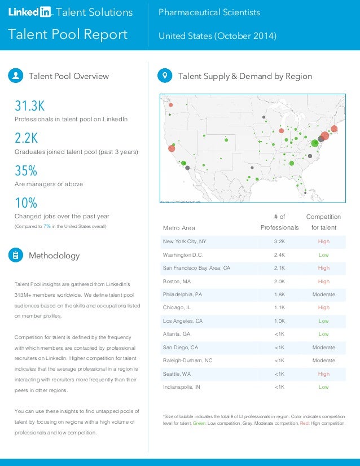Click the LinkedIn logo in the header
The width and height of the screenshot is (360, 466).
[29, 12]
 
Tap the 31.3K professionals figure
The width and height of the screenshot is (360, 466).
[29, 106]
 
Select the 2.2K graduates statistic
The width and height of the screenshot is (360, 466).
[26, 139]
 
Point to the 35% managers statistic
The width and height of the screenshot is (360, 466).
[25, 171]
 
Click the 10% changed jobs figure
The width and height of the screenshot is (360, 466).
[25, 203]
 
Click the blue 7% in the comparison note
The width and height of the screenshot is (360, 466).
[47, 226]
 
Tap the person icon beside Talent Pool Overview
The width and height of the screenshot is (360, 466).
[16, 76]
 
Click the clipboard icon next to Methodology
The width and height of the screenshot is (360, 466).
[16, 256]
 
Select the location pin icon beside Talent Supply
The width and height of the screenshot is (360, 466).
[165, 76]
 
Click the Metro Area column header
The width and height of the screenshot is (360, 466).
[179, 228]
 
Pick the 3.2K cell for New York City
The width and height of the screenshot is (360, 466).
[279, 241]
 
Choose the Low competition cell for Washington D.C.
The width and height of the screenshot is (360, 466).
[323, 254]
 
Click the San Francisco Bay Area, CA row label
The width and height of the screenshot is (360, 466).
[196, 268]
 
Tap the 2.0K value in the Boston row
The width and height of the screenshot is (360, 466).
[279, 281]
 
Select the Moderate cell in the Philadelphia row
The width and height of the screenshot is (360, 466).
[323, 294]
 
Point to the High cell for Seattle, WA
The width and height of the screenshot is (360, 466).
[323, 374]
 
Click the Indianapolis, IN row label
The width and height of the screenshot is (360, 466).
[181, 387]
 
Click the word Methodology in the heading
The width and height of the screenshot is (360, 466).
[54, 256]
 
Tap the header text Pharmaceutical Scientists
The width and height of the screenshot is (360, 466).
[209, 12]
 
